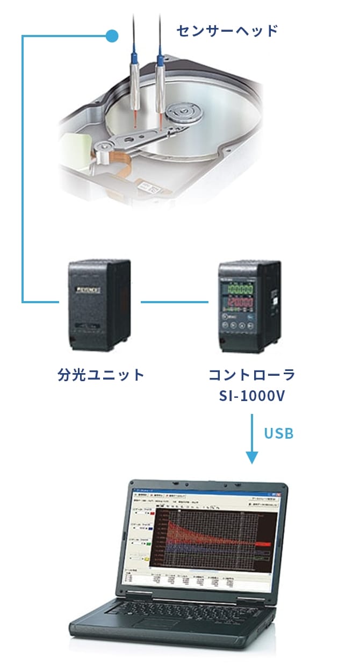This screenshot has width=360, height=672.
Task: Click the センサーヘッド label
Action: coord(227,31)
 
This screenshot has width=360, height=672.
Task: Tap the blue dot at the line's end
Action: coord(112,37)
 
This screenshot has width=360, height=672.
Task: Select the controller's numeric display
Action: coord(240,296)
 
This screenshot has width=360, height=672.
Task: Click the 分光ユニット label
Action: coord(101,375)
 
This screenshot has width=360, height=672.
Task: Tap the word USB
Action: coord(279,433)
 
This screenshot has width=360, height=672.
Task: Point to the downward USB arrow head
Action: coord(251,457)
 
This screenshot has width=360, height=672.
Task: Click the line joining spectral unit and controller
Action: coord(174,302)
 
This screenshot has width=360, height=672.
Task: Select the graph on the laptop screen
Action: coord(215,538)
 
